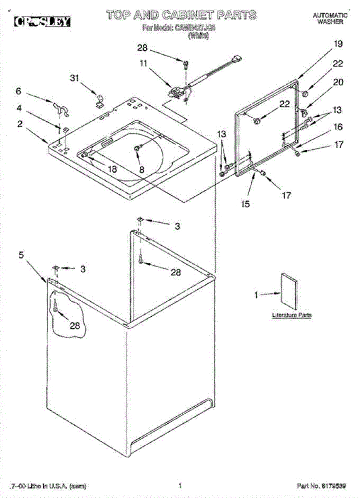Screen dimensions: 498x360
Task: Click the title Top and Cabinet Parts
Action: tap(180, 16)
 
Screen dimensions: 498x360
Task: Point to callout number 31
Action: tap(74, 78)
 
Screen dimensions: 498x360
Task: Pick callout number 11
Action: tap(143, 63)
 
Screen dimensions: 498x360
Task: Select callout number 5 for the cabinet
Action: tap(21, 255)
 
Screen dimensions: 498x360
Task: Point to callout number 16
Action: tap(338, 127)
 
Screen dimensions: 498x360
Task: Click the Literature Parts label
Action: tap(292, 315)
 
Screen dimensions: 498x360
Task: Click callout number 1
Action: tap(256, 295)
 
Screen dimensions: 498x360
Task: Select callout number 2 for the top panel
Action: tap(20, 123)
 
